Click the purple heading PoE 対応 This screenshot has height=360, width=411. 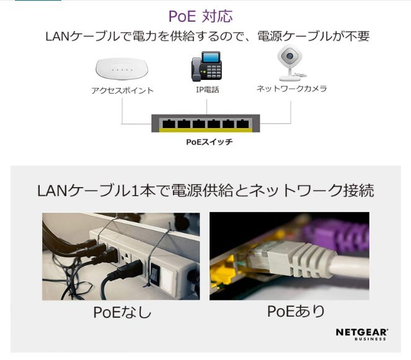point(201,15)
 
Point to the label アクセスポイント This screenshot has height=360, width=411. point(122,90)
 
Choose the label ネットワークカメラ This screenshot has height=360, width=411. point(291,89)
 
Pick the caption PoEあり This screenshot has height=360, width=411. point(296,311)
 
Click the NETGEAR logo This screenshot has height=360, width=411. point(361,332)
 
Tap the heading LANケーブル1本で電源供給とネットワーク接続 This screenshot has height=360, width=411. point(205,190)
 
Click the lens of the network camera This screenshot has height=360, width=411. point(288,58)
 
